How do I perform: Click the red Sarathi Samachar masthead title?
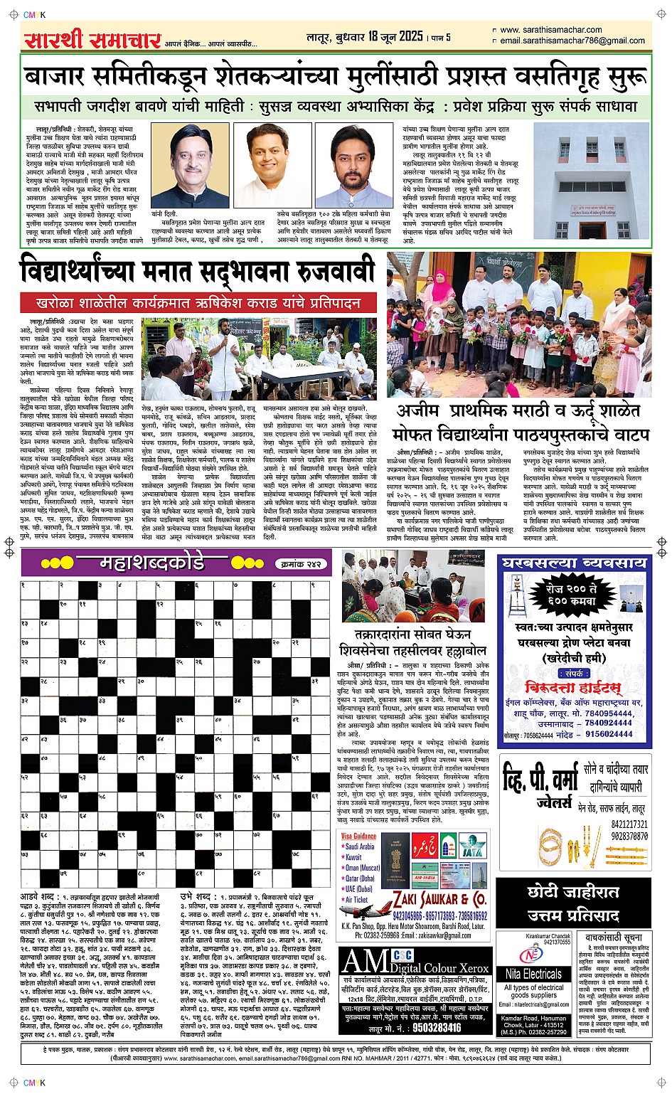[x=92, y=40]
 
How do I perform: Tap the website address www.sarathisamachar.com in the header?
[x=550, y=30]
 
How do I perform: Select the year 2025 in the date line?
[x=411, y=36]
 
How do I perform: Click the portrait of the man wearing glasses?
[x=190, y=166]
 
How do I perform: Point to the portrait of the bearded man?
[x=353, y=166]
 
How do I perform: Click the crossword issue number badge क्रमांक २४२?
[x=301, y=564]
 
